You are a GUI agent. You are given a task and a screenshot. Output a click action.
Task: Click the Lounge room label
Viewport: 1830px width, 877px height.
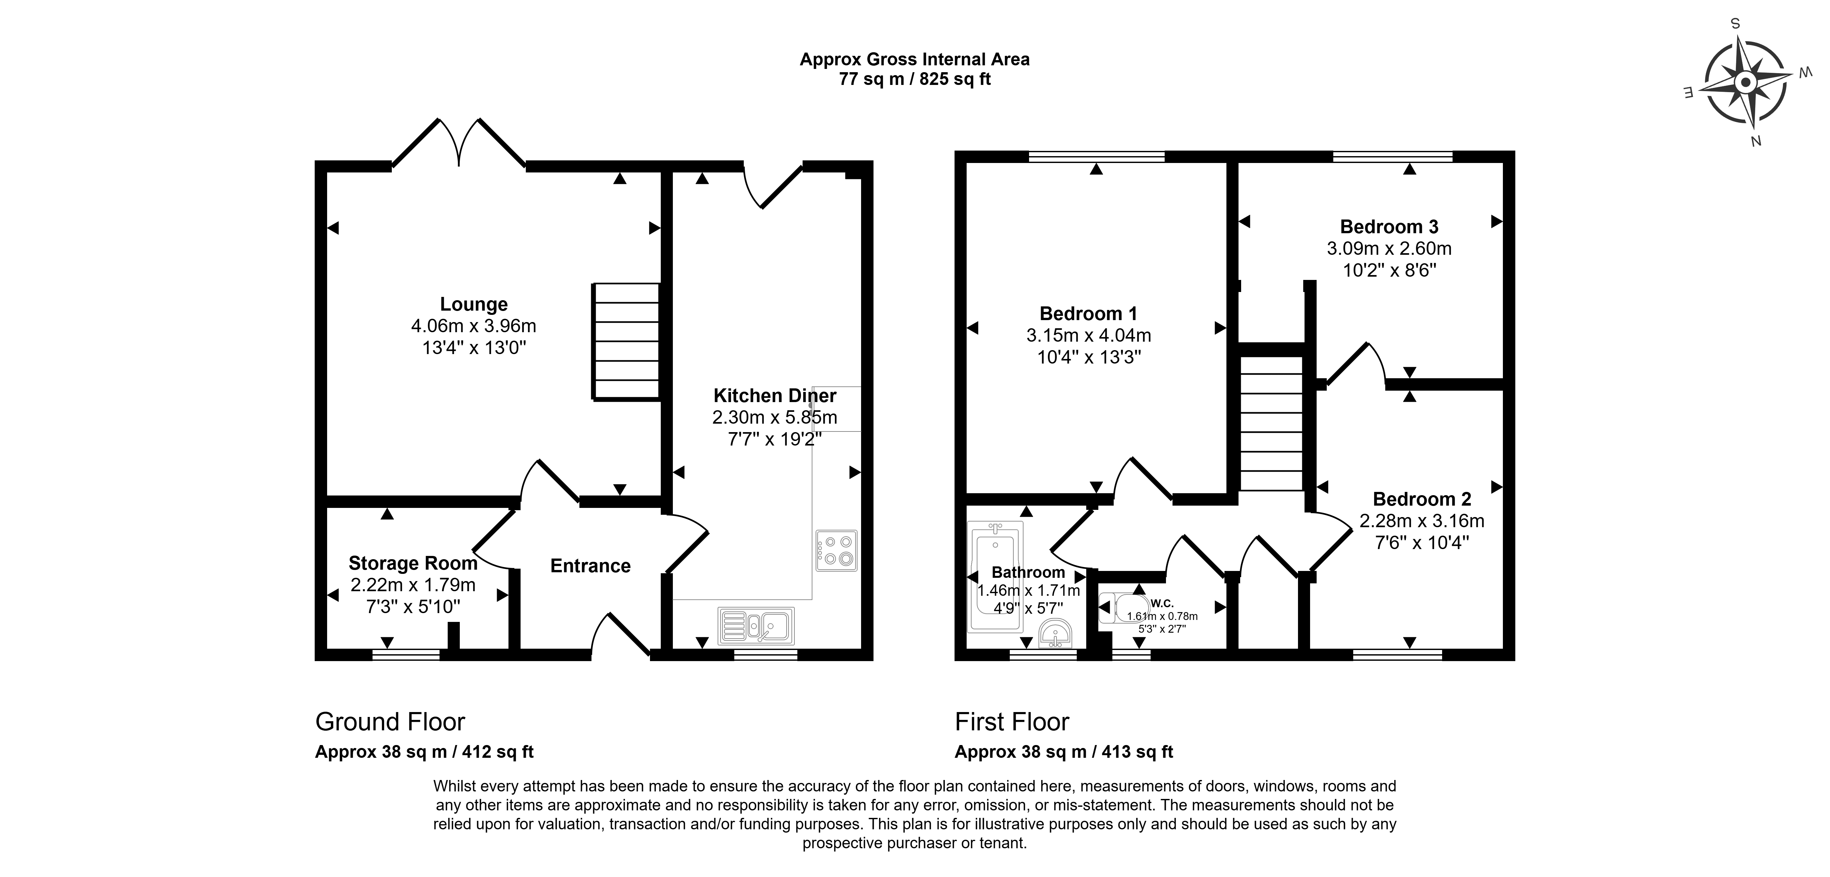[474, 304]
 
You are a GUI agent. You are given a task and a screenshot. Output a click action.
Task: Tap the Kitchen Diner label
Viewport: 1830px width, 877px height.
[775, 396]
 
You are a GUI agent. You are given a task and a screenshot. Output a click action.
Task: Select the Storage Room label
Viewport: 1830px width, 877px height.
[413, 563]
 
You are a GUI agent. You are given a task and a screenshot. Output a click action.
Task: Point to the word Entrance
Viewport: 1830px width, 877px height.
[591, 566]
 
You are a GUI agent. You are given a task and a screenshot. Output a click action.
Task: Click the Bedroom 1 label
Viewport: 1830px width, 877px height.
[1088, 313]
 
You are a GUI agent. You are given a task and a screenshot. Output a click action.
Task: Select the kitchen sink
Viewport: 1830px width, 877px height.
[756, 625]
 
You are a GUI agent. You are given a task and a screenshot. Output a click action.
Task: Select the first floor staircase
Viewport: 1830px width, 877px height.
[1272, 423]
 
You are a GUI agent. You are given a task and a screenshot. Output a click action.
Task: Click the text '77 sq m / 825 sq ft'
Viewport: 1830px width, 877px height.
[915, 79]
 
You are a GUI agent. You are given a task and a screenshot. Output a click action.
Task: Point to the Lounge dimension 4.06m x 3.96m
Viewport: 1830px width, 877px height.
[474, 326]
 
